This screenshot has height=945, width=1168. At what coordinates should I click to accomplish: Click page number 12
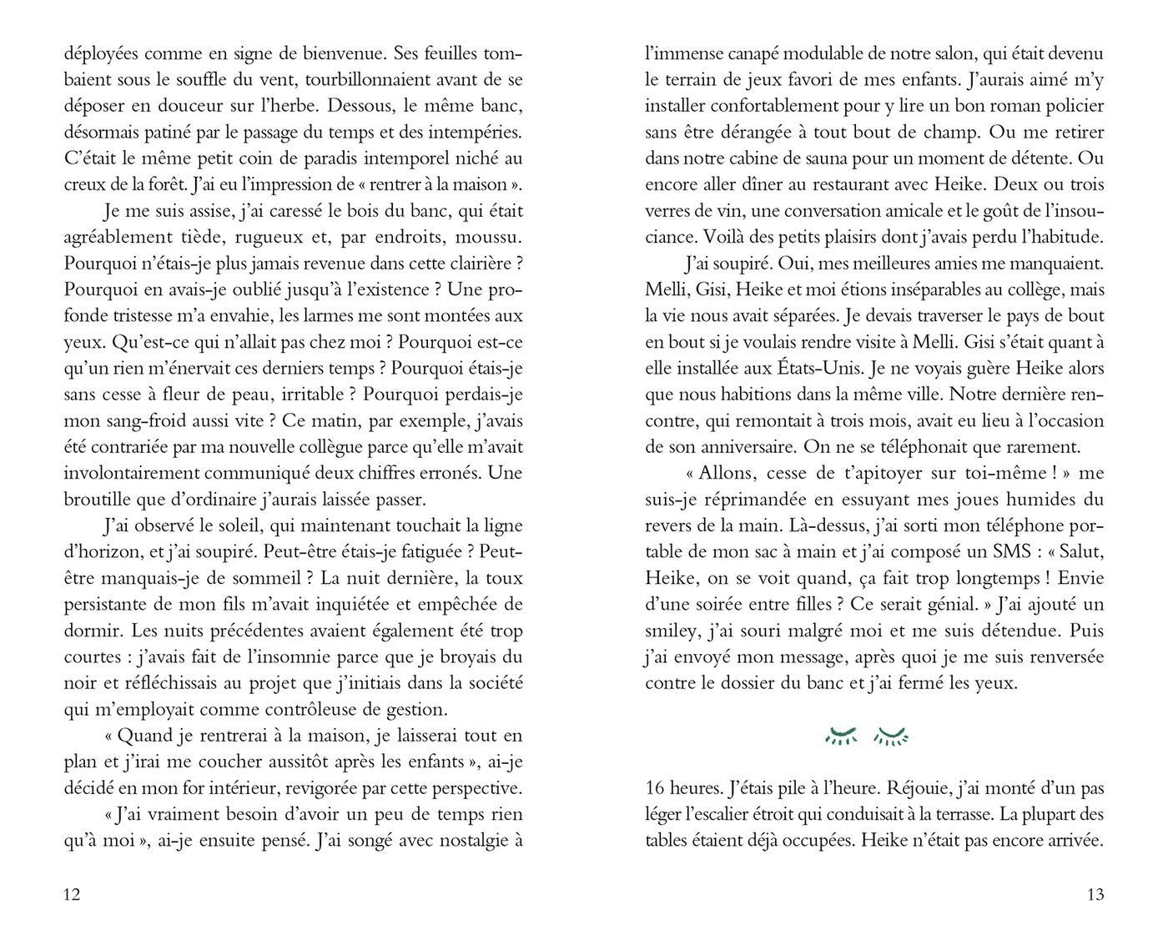[x=72, y=895]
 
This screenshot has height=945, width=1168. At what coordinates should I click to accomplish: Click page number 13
[x=1095, y=895]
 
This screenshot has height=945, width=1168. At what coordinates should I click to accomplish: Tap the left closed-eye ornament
[x=840, y=735]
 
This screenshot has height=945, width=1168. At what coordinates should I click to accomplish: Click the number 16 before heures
[x=656, y=787]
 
